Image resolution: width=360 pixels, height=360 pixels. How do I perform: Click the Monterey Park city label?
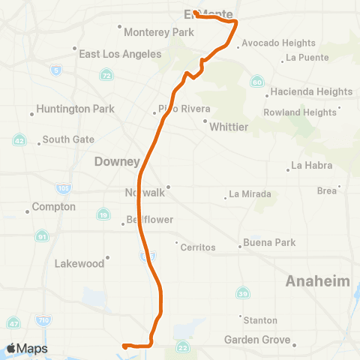click(x=159, y=32)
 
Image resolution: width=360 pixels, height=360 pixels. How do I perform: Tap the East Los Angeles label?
click(x=121, y=54)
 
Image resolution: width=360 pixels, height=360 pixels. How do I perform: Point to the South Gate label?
click(x=68, y=139)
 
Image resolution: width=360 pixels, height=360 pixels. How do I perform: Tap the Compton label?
click(x=54, y=206)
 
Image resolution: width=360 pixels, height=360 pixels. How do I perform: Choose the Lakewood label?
click(x=79, y=263)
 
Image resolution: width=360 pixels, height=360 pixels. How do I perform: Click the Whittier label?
click(x=229, y=127)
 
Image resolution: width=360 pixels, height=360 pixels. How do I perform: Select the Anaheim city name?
click(x=318, y=280)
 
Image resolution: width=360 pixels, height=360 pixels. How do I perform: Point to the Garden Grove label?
click(x=257, y=340)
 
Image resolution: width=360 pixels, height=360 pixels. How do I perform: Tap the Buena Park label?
click(x=268, y=243)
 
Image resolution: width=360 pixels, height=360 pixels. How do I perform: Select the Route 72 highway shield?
click(x=107, y=76)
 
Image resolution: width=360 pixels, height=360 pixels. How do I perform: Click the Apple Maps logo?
click(x=27, y=348)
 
